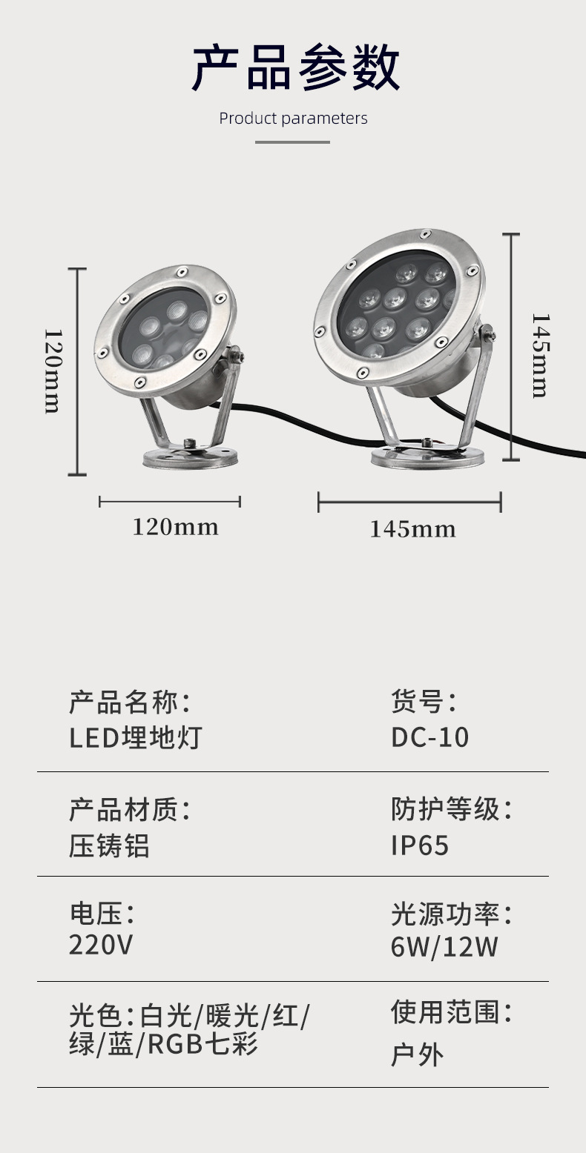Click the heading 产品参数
tap(296, 67)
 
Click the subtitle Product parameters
tap(293, 119)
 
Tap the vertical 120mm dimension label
tap(52, 371)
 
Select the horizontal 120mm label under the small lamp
tap(175, 527)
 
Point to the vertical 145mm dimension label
tap(539, 355)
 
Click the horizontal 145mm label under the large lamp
tap(412, 529)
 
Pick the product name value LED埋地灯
tap(135, 738)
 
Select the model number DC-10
tap(430, 738)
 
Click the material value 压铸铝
tap(109, 845)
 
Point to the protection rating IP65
tap(420, 845)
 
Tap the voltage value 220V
tap(101, 946)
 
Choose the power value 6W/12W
tap(444, 947)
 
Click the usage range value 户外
tap(417, 1054)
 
